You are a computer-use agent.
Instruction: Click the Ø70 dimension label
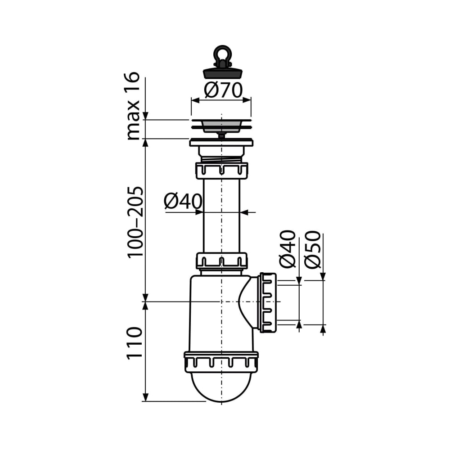(x=223, y=90)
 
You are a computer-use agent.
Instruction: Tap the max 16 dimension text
(x=133, y=106)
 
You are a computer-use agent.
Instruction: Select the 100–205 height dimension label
(x=135, y=223)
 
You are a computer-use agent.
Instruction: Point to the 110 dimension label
(x=134, y=342)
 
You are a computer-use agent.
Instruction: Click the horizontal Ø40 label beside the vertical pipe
(x=183, y=201)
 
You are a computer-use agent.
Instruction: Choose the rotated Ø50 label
(x=313, y=249)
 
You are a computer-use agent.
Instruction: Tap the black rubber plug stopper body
(x=222, y=73)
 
